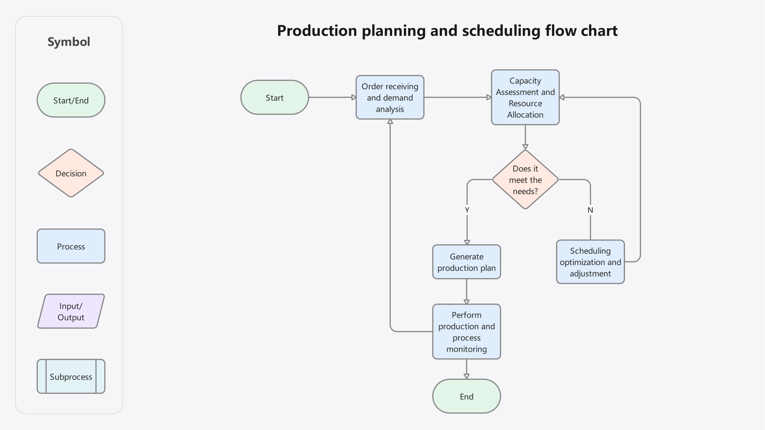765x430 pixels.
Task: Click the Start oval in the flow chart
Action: pyautogui.click(x=274, y=97)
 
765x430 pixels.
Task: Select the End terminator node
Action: pyautogui.click(x=466, y=396)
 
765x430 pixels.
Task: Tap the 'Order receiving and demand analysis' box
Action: pyautogui.click(x=390, y=97)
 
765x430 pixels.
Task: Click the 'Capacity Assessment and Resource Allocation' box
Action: pyautogui.click(x=525, y=97)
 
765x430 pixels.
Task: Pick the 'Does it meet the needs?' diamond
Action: pyautogui.click(x=525, y=180)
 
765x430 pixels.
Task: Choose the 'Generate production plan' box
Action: pyautogui.click(x=466, y=262)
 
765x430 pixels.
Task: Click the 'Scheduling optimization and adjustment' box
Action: pyautogui.click(x=590, y=262)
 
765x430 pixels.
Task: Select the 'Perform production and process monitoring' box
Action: pyautogui.click(x=466, y=331)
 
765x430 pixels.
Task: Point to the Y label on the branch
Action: pyautogui.click(x=467, y=210)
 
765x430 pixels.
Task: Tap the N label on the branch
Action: pyautogui.click(x=590, y=210)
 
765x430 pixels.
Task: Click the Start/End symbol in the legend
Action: pyautogui.click(x=71, y=100)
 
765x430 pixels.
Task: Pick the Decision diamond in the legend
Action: pyautogui.click(x=71, y=173)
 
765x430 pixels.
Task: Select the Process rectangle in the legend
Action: pyautogui.click(x=71, y=246)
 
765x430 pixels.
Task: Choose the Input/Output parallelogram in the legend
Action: pyautogui.click(x=71, y=311)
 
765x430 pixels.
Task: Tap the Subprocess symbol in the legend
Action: pyautogui.click(x=71, y=377)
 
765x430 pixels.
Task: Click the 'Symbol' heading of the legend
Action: pyautogui.click(x=69, y=42)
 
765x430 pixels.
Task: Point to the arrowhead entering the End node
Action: pyautogui.click(x=466, y=376)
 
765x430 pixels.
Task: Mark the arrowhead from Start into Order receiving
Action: pyautogui.click(x=353, y=97)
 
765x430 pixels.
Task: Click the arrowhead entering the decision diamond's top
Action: pyautogui.click(x=525, y=147)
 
